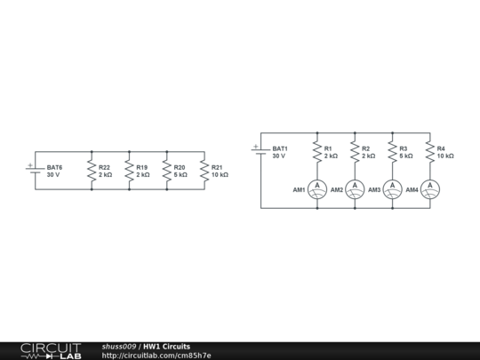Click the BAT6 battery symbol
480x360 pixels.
(36, 171)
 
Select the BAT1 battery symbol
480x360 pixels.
(261, 152)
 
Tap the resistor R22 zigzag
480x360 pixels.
(91, 171)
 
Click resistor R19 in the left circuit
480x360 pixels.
(129, 171)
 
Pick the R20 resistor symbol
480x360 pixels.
(166, 171)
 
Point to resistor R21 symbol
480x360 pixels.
(204, 171)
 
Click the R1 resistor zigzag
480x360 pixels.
(317, 152)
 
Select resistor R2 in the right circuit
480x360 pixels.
(355, 152)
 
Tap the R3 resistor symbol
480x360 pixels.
(393, 152)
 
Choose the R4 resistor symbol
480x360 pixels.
(430, 152)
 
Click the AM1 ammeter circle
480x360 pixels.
(317, 189)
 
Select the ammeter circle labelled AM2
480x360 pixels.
(355, 189)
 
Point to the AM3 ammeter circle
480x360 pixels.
(393, 189)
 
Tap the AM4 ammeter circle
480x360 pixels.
(430, 189)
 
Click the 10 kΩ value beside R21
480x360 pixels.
(220, 175)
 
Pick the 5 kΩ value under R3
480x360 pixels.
(406, 156)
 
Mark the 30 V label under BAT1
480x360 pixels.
(279, 156)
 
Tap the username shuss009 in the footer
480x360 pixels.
(118, 346)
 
